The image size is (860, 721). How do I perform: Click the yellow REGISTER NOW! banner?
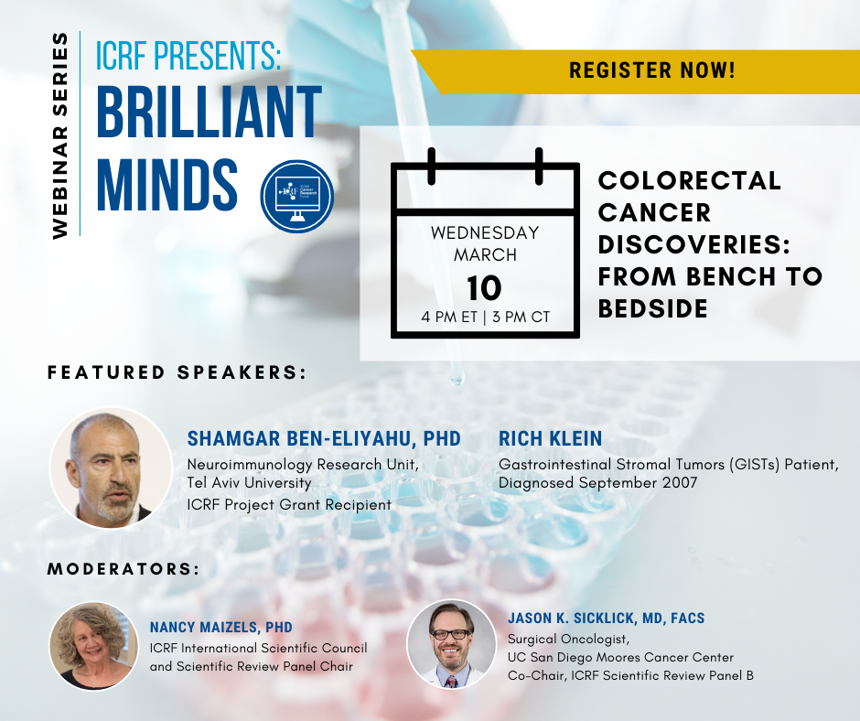click(636, 71)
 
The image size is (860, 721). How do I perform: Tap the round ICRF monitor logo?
click(297, 197)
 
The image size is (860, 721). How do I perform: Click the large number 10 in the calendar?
click(484, 288)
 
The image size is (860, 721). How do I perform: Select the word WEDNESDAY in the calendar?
click(485, 232)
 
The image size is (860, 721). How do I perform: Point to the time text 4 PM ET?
click(449, 317)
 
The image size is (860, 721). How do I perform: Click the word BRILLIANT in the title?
click(209, 113)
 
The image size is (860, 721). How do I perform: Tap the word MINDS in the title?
click(167, 185)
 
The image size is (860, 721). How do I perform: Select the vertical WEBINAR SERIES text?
click(59, 135)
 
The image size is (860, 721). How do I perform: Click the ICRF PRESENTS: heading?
click(188, 56)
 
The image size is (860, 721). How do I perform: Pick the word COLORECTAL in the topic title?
click(690, 180)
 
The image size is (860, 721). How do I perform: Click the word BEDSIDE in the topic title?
click(652, 308)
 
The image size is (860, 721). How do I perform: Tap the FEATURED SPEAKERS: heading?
click(177, 372)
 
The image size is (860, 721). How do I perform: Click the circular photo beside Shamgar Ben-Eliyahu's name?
click(111, 468)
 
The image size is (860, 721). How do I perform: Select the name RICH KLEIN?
click(550, 439)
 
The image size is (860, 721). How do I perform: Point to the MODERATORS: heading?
click(124, 569)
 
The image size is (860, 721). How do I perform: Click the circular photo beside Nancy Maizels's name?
click(94, 645)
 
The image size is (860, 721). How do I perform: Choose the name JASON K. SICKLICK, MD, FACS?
click(606, 619)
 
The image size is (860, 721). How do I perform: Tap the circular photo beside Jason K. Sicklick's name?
click(451, 644)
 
